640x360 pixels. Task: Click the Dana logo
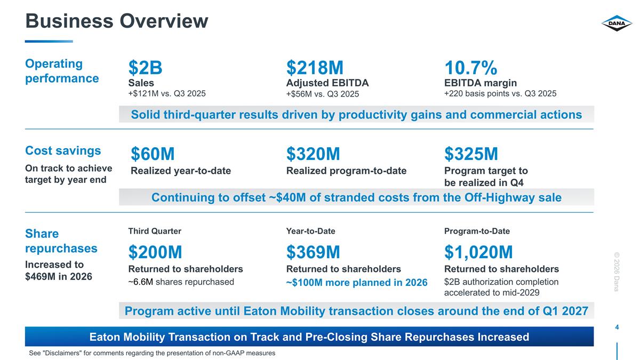coord(617,23)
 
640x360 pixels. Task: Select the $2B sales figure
coord(145,68)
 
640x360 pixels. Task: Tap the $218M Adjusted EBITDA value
coord(315,68)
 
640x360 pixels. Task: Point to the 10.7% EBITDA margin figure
coord(471,68)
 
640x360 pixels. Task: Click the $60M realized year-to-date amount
coord(153,154)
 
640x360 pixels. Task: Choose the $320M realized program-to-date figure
coord(313,154)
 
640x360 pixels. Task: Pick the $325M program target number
coord(471,154)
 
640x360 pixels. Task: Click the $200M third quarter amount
coord(155,252)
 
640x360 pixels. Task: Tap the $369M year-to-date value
coord(313,252)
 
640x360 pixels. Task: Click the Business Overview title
coord(117,21)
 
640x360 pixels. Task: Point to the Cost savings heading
coord(63,150)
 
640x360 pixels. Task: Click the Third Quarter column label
coord(155,231)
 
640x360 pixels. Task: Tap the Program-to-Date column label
coord(477,231)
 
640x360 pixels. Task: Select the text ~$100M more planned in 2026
coord(357,283)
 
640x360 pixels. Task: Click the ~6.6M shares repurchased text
coord(181,282)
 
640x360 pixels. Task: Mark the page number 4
coord(617,327)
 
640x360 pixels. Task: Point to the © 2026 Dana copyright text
coord(617,271)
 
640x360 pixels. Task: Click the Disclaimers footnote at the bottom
coord(152,353)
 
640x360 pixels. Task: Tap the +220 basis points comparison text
coord(500,93)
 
